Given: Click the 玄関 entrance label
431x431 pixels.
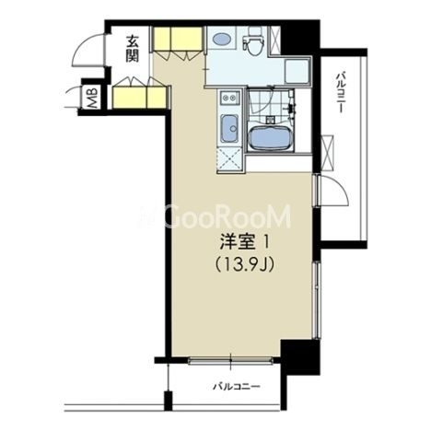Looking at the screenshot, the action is coord(133,49).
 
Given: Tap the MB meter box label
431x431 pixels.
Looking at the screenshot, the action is coord(92,99).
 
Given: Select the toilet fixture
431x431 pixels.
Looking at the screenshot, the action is coord(253,41).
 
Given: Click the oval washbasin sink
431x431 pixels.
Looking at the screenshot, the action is coord(221,39).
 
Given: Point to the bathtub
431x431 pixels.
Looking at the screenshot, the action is coord(269,136).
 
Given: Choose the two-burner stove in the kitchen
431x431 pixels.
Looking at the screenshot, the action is coord(229,98).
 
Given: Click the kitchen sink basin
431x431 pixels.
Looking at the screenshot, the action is coord(229,129).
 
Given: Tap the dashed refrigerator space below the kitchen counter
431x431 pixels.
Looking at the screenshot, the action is coord(229,159).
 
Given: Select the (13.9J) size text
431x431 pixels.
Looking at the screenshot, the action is coord(245,264).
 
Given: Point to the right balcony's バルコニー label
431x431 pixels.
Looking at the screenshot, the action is coord(340,92).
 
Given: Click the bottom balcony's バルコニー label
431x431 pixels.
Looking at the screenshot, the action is coord(237,386).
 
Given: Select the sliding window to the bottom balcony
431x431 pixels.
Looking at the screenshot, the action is coord(230,360).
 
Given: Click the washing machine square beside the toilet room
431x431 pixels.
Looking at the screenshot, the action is coord(297,71).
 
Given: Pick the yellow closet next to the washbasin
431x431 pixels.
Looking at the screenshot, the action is coord(178,39).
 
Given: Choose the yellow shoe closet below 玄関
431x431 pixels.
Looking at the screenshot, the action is coord(140,98).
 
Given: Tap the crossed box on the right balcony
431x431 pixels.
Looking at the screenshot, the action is coord(327,153).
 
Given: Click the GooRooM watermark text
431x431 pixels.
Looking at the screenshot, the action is coord(215,216).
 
